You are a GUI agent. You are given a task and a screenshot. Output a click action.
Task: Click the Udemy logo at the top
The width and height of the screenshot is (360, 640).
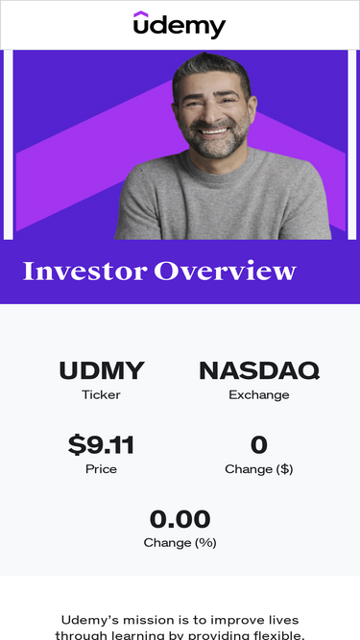point(180,25)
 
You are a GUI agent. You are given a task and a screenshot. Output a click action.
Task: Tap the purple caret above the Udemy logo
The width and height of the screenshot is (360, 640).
point(141,13)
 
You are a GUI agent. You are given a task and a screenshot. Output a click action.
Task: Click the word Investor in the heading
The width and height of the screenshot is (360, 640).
point(84,271)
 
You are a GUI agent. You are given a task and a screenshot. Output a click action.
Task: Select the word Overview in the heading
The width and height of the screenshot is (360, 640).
point(225,271)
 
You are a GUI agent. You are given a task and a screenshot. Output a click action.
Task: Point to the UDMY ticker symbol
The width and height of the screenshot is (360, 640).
point(102,370)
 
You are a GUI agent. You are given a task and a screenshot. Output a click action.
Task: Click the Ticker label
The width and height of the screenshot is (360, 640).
point(101,394)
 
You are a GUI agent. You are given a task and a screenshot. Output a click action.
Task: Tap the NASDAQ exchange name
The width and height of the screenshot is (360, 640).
point(259,371)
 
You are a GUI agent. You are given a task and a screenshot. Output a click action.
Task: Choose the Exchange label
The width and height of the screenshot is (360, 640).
point(259,395)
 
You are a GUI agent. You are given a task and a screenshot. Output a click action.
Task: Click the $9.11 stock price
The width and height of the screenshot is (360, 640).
point(101,444)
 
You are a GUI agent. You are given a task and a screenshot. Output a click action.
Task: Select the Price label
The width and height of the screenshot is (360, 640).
point(101,469)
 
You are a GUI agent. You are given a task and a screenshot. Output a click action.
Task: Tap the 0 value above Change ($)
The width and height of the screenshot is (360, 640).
point(259,445)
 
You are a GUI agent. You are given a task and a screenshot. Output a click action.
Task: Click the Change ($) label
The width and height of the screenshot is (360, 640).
point(259,469)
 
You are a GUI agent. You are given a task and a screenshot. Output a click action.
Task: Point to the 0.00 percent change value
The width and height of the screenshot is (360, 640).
point(180,519)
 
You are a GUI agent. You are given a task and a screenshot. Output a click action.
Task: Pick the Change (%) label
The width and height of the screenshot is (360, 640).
point(180,543)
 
